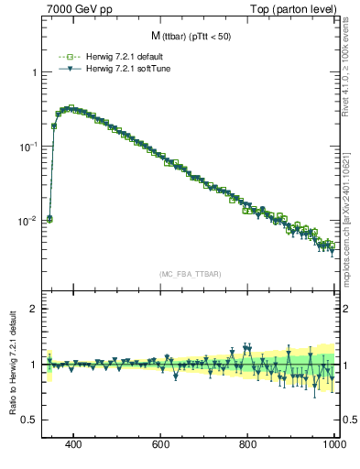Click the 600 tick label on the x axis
coord(161,444)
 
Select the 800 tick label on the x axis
coord(248,444)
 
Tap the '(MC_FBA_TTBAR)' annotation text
coord(190,275)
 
